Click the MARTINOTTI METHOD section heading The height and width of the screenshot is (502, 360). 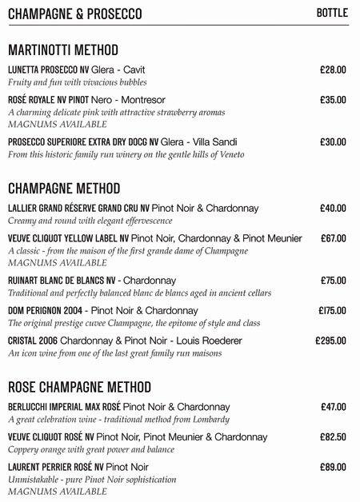62,50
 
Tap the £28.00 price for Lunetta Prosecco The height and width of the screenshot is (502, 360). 332,70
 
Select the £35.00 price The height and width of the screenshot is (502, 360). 332,101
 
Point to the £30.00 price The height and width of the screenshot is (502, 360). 332,141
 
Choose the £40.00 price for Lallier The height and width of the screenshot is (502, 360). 332,209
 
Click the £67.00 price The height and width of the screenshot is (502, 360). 333,238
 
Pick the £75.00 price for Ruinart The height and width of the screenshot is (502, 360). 332,281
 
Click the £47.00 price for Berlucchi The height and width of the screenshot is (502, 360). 332,407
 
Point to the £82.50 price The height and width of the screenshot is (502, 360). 332,437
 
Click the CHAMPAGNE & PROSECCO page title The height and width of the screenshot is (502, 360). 74,14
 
